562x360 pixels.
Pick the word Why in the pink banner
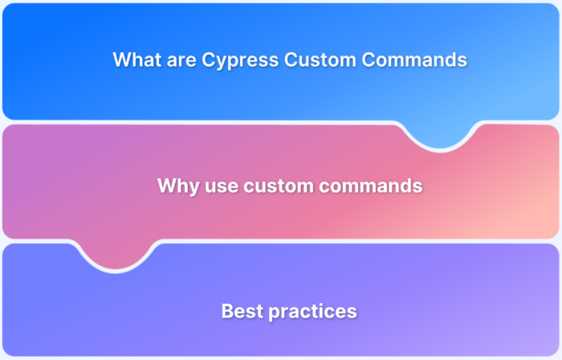[175, 186]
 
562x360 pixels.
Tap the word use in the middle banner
[217, 186]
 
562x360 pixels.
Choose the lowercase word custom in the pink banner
[276, 186]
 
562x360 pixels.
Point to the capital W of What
[121, 59]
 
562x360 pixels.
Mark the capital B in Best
[227, 311]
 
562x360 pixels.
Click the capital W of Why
[165, 186]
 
